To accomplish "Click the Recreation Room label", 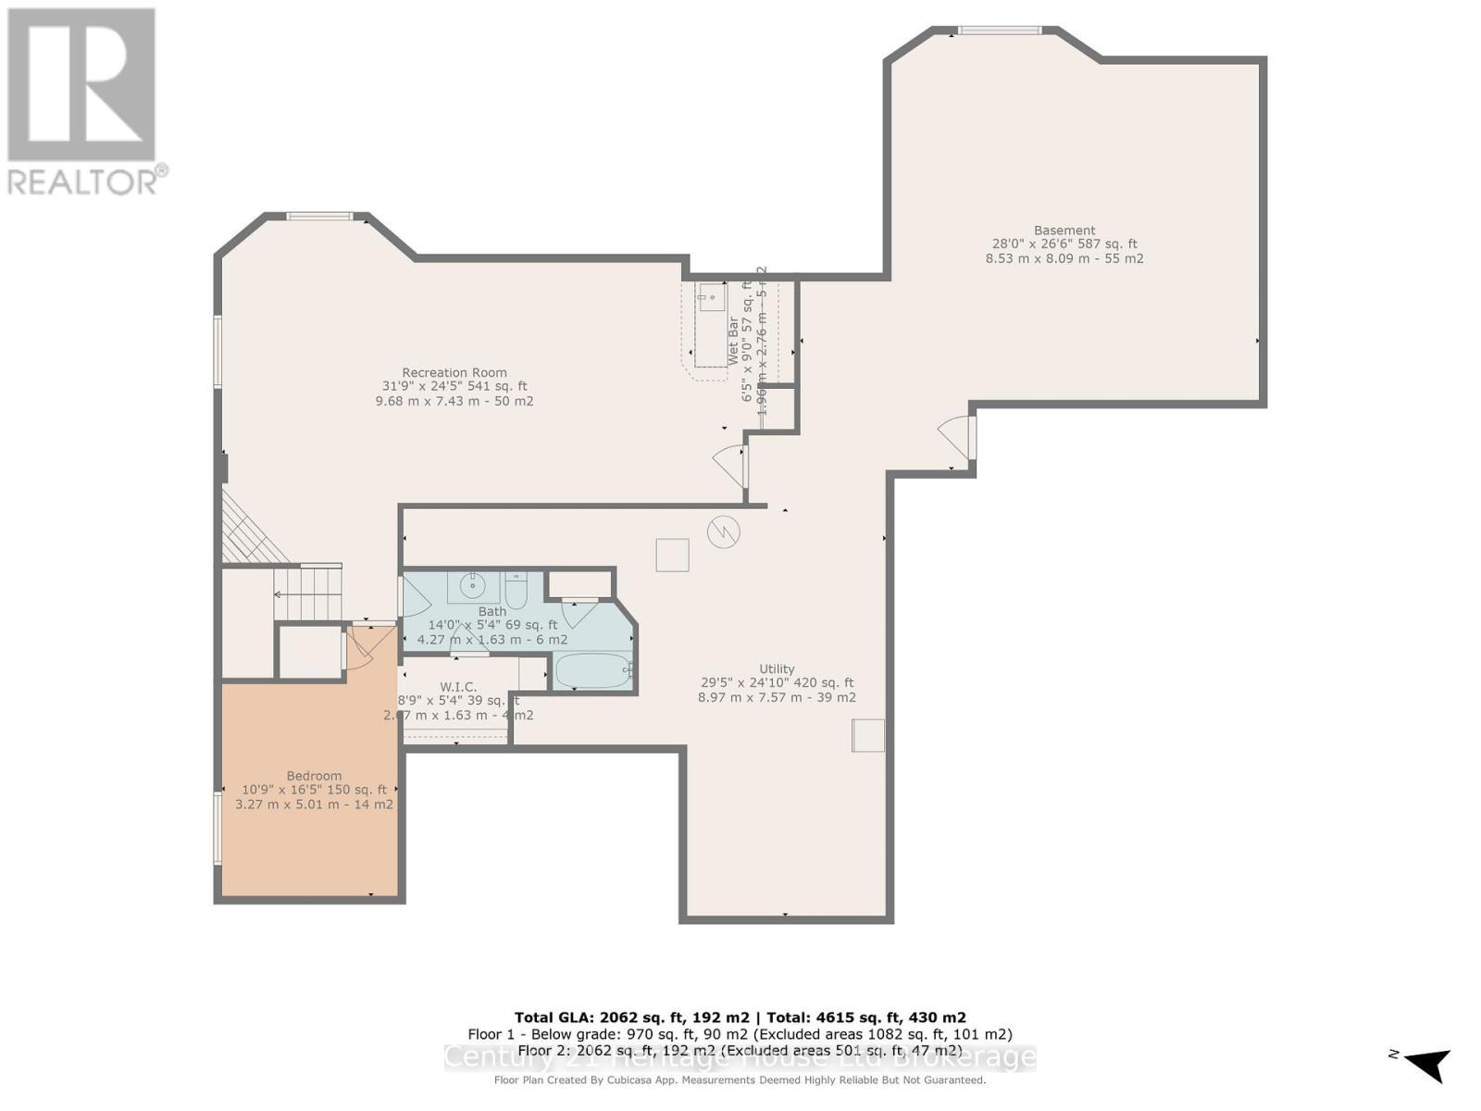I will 454,373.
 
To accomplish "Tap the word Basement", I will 1064,231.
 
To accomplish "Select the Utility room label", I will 777,668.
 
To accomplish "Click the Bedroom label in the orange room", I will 314,776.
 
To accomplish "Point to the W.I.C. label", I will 458,686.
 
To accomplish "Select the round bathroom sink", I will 473,586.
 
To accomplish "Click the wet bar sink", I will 712,298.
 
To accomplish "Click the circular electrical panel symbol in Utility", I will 723,531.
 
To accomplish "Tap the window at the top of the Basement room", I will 999,31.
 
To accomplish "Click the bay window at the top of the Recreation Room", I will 319,217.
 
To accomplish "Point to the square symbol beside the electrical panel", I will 673,555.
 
